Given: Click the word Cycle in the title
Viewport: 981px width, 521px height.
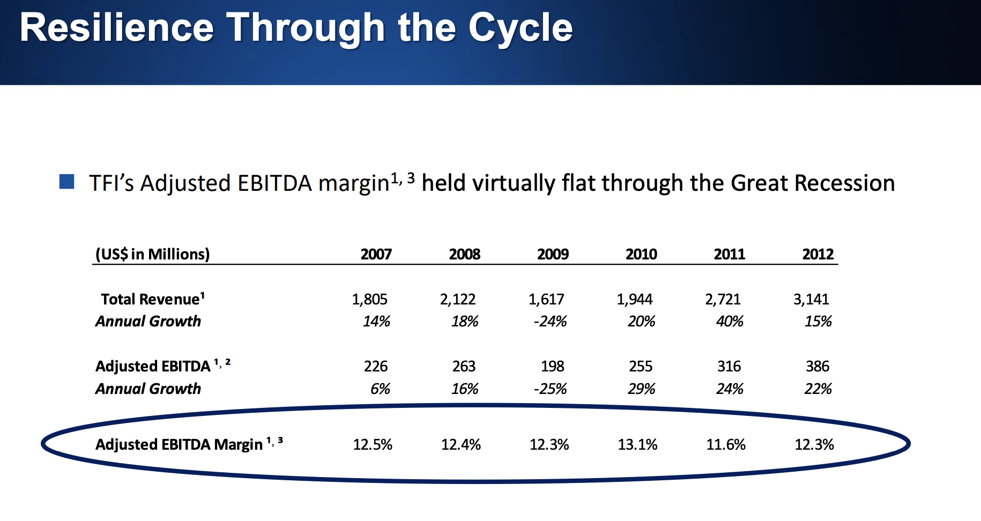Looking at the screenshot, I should pos(520,28).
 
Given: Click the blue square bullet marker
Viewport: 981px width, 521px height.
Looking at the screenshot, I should pos(66,182).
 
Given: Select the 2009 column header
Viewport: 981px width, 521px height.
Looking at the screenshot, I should pos(553,254).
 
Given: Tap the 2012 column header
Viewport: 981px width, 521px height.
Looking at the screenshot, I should pos(817,254).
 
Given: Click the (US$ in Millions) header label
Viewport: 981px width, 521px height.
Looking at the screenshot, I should pos(152,254).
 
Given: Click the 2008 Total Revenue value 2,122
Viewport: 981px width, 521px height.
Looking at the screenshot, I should pos(458,299).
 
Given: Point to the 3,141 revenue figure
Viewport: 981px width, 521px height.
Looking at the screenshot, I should pos(811,299).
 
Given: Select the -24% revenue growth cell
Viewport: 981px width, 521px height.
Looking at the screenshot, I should pos(550,322).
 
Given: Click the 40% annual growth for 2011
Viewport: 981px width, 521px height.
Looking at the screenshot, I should pos(730,322).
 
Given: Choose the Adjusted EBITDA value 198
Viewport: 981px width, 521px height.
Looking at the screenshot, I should pos(552,366).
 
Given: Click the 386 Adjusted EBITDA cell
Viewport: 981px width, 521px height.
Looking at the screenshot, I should pos(817,366).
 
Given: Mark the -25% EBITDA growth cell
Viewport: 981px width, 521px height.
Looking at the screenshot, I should pos(550,389).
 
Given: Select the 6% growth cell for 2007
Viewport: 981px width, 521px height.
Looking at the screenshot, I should pos(380,389).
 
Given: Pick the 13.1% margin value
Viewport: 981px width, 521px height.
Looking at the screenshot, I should pos(637,444).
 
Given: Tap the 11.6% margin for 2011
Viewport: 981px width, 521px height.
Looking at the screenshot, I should pos(726,444).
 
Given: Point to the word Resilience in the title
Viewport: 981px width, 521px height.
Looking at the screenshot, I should pos(117,28).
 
